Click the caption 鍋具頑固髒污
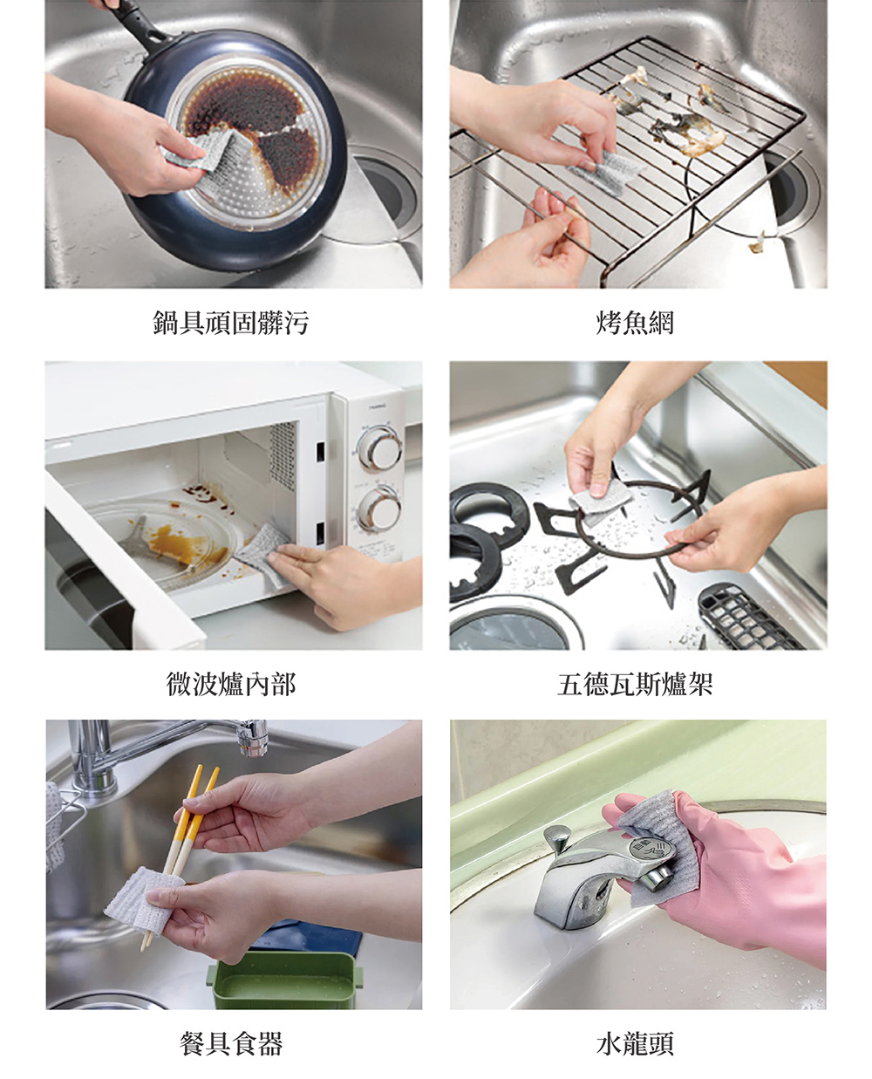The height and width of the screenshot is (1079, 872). tap(231, 324)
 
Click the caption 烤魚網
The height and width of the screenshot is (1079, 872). tap(635, 324)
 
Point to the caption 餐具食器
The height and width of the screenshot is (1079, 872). tap(231, 1043)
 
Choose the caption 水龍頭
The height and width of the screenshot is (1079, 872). tap(635, 1043)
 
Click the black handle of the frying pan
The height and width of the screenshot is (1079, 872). tap(139, 21)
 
